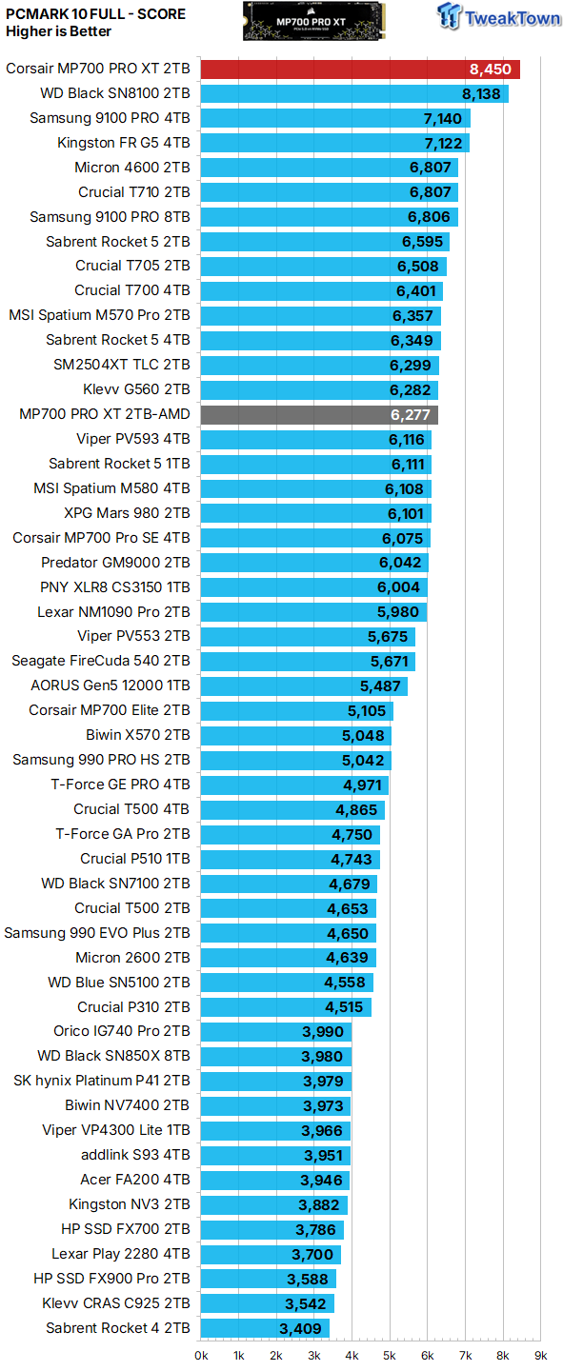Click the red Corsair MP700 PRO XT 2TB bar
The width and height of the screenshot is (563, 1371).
point(360,69)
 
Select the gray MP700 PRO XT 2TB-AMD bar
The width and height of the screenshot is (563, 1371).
point(319,414)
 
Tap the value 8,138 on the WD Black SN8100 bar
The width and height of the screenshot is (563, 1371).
point(481,93)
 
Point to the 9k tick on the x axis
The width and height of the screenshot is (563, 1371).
point(540,1355)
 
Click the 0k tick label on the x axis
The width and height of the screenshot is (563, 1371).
point(202,1355)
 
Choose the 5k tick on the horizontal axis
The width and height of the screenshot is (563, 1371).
point(390,1355)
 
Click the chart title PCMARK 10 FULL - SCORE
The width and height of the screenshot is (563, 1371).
point(95,14)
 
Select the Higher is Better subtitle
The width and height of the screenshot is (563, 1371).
point(58,31)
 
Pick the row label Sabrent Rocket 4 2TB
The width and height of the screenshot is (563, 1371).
point(117,1328)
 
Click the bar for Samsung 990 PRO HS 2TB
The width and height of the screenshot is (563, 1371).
point(295,761)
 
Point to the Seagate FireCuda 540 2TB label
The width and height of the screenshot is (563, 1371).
point(100,661)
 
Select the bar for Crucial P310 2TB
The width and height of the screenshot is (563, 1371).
point(285,1007)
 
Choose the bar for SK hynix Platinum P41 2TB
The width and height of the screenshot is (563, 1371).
point(276,1082)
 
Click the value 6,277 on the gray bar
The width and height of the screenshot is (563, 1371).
point(410,414)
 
